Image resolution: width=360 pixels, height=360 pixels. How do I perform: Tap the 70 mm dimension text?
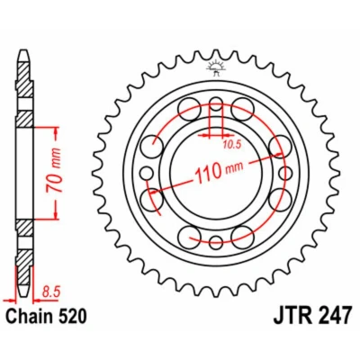tap(53, 171)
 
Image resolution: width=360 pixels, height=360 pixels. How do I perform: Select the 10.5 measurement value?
tap(232, 145)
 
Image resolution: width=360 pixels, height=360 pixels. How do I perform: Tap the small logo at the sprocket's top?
tap(216, 67)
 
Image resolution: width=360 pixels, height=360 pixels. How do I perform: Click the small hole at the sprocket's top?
tap(216, 104)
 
